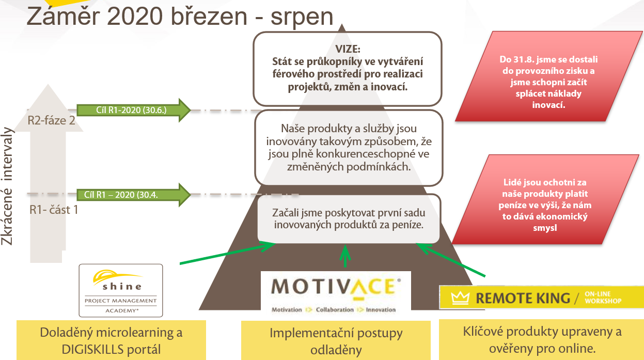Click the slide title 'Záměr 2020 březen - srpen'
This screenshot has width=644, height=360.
[180, 17]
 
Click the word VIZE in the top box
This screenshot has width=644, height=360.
[348, 49]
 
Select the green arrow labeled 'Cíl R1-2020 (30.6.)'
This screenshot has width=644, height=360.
[133, 110]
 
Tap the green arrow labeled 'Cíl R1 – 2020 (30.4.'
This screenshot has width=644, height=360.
[133, 195]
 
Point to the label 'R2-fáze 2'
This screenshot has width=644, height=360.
[52, 120]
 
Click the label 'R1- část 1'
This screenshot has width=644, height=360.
[54, 210]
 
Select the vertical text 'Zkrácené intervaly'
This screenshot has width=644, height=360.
[7, 186]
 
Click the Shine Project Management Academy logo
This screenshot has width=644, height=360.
[121, 290]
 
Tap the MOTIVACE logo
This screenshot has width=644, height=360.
[336, 293]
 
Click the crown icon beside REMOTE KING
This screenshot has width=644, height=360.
[460, 298]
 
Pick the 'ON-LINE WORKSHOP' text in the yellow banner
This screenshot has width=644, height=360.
[603, 298]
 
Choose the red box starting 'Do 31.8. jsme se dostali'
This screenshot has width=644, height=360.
[548, 76]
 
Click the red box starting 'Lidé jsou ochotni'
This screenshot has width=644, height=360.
[545, 199]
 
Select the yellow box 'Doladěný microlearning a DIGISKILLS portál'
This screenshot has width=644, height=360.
[111, 340]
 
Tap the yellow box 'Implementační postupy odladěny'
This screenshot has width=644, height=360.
[336, 341]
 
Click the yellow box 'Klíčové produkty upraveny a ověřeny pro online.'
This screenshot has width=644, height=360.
[542, 339]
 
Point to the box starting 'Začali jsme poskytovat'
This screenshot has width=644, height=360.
[349, 218]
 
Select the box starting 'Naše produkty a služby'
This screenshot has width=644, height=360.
[349, 148]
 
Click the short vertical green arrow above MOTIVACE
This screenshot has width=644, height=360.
[345, 256]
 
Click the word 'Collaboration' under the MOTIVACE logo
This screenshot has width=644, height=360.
[335, 310]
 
